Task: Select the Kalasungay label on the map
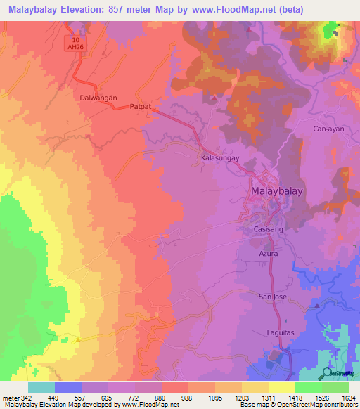[x=221, y=159]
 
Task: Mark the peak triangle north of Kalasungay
[x=215, y=98]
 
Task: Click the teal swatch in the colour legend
[x=41, y=387]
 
